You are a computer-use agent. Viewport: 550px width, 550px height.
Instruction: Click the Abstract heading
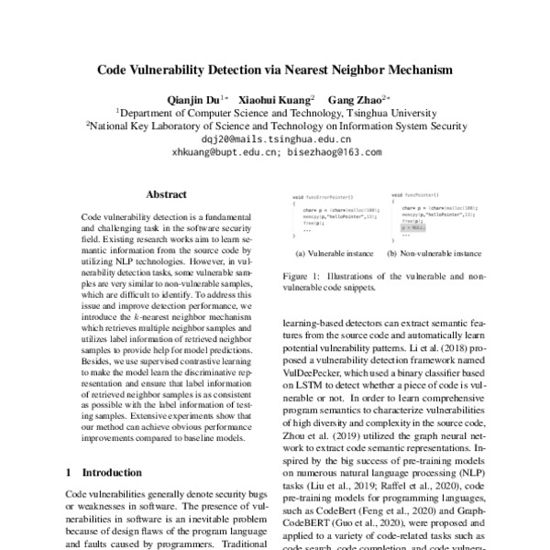click(166, 194)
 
